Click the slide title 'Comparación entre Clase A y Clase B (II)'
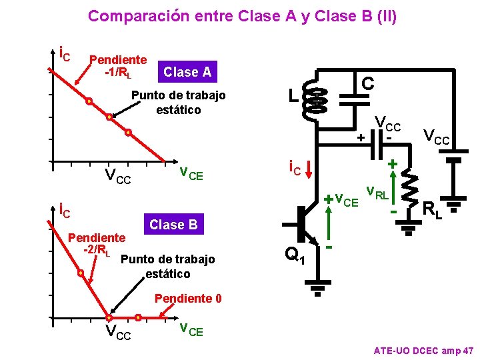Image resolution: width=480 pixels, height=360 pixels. point(242,16)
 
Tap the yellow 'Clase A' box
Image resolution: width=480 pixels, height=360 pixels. point(187,72)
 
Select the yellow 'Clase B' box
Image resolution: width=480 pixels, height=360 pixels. point(173,225)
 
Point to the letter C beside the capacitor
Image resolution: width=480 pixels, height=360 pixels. point(367,83)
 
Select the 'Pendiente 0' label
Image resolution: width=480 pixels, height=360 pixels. point(188,298)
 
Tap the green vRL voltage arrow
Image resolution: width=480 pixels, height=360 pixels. point(394,189)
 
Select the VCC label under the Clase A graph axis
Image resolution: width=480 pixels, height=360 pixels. point(118,177)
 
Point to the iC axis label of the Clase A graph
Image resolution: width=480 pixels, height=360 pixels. point(65,52)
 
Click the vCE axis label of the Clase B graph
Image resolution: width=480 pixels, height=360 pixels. point(191,329)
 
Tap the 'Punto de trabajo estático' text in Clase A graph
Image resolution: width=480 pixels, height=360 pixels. point(178,102)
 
